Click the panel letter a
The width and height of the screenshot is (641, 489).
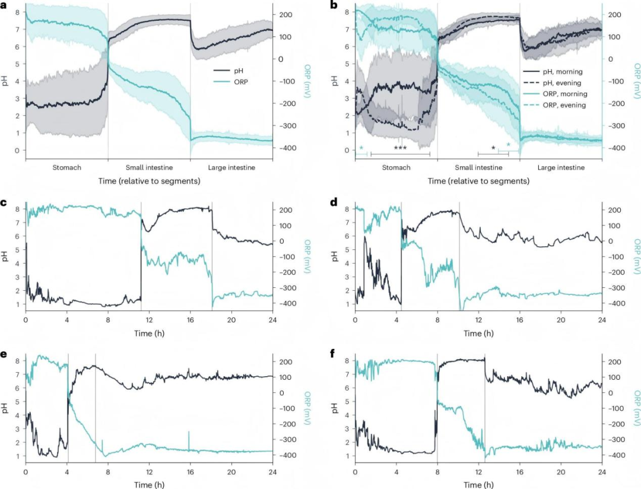point(4,5)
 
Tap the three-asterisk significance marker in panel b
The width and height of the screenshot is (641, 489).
point(400,147)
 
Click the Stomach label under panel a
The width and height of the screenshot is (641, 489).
point(66,168)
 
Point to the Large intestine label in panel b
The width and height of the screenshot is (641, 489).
point(561,168)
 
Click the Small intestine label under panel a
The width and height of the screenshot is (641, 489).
point(149,168)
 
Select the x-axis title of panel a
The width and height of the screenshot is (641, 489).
point(149,180)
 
